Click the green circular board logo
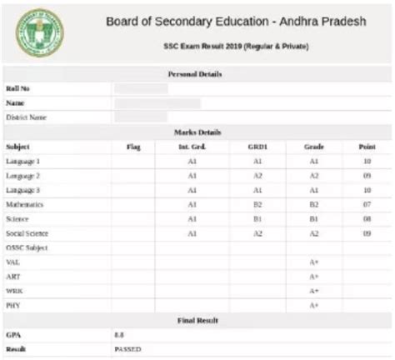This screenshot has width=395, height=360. pos(39,32)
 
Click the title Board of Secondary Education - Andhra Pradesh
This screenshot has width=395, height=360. pos(236,21)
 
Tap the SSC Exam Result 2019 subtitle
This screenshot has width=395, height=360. pos(236,46)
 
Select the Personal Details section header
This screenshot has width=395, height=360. pos(195,74)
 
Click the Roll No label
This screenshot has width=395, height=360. pos(17,88)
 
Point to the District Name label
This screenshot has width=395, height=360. pos(26,117)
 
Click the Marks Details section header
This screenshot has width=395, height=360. pos(195,132)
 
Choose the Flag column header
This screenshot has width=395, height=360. pos(133,147)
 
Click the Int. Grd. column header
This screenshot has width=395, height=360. pos(192,147)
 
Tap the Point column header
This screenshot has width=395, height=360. pos(367,147)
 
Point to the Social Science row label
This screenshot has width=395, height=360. pos(27,234)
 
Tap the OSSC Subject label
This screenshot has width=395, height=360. pos(26,248)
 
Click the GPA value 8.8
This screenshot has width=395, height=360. pos(119,333)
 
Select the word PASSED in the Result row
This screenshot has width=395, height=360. pos(127,348)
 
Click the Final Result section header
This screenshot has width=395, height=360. pos(195,319)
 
